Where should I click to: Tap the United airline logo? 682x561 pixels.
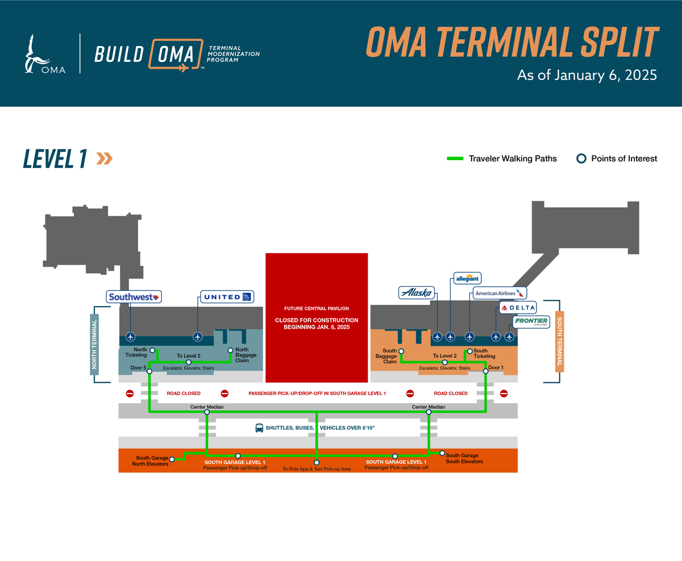pos(227,296)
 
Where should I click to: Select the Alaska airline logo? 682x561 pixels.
pos(417,293)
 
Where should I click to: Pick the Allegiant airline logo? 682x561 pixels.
pos(468,278)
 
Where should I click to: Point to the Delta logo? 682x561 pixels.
pos(518,308)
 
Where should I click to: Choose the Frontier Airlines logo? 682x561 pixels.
pos(531,322)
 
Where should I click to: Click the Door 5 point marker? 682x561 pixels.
pos(149,371)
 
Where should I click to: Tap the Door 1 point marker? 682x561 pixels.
pos(485,371)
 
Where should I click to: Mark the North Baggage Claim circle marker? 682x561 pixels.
pos(230,350)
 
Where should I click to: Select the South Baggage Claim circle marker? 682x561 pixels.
pos(401,350)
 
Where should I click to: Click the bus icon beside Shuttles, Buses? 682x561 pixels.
pos(259,428)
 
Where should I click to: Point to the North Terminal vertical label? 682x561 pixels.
pos(95,344)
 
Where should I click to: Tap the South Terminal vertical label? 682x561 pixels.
pos(559,341)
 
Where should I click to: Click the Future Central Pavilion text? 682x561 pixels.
pos(317,308)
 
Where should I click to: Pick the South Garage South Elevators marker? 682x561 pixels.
pos(442,453)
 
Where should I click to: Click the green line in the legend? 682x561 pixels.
pos(456,158)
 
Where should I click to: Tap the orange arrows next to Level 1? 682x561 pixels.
pos(104,158)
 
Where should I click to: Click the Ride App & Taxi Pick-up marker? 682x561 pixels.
pos(317,462)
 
